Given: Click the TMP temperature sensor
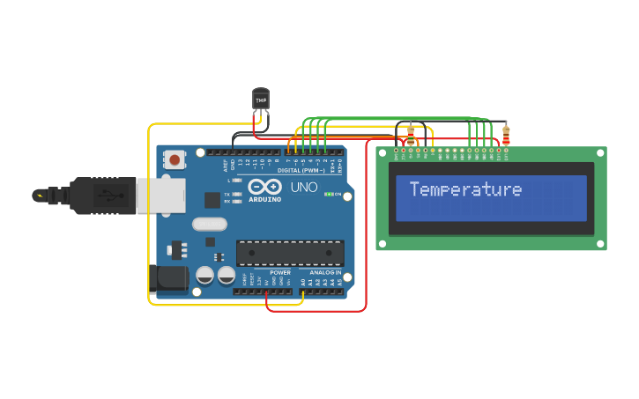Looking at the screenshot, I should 261,99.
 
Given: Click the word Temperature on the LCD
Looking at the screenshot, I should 465,189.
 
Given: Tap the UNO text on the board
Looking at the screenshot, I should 304,188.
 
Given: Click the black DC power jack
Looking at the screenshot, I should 168,279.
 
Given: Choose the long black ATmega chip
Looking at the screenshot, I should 290,253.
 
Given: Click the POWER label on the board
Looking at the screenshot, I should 280,272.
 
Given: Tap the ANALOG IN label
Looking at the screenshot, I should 325,272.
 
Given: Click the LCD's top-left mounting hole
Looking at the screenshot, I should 383,153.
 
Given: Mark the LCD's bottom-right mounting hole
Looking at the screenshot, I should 600,244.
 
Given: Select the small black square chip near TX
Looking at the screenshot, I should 212,200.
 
